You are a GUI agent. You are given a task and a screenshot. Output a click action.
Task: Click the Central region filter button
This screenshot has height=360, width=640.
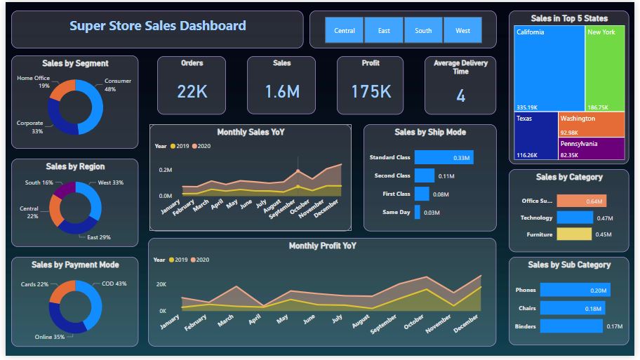click(x=344, y=30)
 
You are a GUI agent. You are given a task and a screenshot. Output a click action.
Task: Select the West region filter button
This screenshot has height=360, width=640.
click(x=462, y=30)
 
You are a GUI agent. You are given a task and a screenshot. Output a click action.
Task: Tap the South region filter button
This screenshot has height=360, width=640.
click(x=423, y=30)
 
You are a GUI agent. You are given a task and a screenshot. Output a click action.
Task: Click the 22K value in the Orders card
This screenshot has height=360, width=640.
click(x=192, y=91)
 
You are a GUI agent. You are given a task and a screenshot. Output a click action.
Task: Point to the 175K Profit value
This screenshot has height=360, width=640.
click(x=371, y=91)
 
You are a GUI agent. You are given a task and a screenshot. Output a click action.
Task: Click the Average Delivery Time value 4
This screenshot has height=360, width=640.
click(x=460, y=96)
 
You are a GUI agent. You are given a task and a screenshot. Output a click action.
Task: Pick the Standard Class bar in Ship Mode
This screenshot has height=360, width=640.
click(x=444, y=157)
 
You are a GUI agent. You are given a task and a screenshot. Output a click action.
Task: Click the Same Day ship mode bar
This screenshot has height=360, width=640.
click(x=418, y=212)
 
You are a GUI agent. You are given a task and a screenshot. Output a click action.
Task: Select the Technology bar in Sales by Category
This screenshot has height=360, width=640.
click(x=575, y=218)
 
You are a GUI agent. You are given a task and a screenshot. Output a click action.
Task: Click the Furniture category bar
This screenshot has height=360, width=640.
click(x=574, y=234)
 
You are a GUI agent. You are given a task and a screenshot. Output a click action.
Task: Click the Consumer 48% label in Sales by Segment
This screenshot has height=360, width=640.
click(x=118, y=85)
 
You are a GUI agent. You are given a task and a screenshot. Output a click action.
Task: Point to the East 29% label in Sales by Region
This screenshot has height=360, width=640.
click(x=99, y=238)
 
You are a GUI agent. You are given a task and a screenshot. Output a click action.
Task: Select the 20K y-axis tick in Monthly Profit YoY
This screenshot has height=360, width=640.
click(x=161, y=284)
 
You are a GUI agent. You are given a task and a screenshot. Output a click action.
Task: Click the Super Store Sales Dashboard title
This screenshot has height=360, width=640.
click(x=158, y=26)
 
